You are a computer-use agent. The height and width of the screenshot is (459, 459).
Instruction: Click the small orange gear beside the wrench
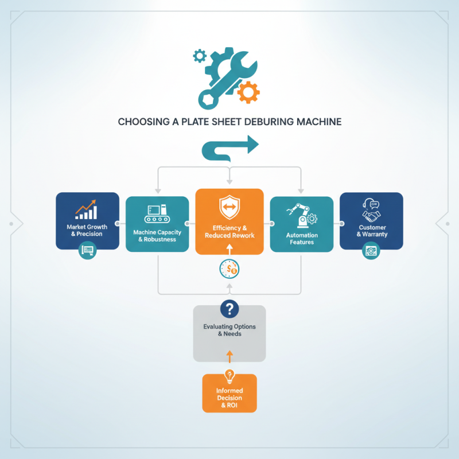[x=248, y=92]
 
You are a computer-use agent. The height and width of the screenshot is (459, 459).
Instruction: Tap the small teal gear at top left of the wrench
[x=200, y=56]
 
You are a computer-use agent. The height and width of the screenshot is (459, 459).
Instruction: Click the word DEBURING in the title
[x=269, y=122]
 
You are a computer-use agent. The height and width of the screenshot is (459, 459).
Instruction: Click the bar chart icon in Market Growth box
[x=85, y=209]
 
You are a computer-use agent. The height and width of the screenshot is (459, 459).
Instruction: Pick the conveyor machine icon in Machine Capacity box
[x=157, y=213]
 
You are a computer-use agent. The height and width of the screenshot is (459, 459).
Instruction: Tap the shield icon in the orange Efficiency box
[x=229, y=207]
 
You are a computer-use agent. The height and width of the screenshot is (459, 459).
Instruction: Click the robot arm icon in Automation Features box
[x=302, y=216]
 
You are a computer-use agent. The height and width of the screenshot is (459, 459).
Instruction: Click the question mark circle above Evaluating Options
[x=229, y=309]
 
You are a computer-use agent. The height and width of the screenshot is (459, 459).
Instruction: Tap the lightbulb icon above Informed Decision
[x=229, y=376]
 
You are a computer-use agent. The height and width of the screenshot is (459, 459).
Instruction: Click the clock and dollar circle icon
[x=229, y=269]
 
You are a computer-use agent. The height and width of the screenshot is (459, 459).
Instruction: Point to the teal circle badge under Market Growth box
[x=88, y=250]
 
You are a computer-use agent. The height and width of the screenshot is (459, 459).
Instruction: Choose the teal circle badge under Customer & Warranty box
[x=371, y=251]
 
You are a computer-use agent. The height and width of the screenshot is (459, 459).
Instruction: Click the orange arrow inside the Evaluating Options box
[x=229, y=357]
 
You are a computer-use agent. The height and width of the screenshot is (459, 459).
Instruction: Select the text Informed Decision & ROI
[x=229, y=398]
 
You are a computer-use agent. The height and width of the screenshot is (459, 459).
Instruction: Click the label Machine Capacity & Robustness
[x=157, y=236]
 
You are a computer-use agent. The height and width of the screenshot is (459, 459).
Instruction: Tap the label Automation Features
[x=302, y=239]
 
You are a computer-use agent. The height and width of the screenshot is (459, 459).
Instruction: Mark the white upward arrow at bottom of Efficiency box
[x=229, y=250]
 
